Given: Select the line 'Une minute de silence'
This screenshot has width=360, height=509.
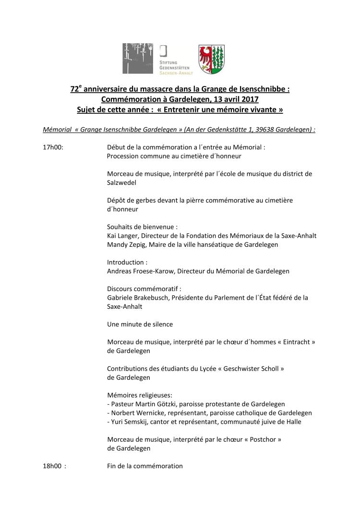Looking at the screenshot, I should pos(140,324).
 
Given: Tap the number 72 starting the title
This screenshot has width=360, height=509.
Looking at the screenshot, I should pos(74,89).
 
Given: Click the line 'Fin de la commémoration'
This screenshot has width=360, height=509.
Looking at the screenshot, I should pos(145,466).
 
